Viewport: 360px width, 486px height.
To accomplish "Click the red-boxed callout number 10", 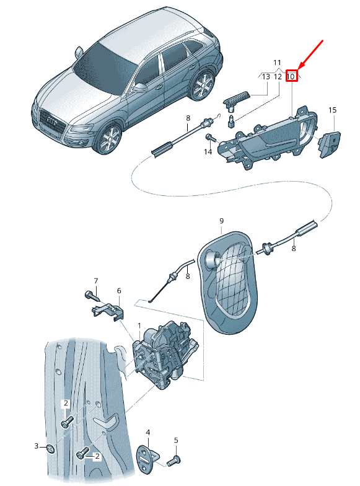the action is click(x=291, y=76).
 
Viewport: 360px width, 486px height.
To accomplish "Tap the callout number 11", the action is click(x=277, y=63).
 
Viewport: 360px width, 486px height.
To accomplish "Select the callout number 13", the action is click(x=266, y=76).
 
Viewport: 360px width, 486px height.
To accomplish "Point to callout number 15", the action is click(x=332, y=110).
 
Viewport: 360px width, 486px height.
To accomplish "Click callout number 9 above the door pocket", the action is click(x=222, y=221).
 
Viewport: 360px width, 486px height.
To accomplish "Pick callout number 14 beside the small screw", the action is click(x=208, y=151).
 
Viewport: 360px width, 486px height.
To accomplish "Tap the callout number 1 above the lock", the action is click(x=139, y=326).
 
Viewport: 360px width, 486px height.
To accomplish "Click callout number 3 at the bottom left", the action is click(x=36, y=446).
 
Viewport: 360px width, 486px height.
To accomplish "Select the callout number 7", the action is click(x=95, y=281).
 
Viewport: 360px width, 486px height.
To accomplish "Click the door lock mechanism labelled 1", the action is click(x=165, y=355).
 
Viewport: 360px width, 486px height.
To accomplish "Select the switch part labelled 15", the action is click(x=330, y=144).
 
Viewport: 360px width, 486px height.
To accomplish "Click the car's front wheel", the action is click(x=108, y=139).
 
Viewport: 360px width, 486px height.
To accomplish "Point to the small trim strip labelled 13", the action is click(x=237, y=98).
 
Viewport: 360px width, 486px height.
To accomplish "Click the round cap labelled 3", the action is click(x=50, y=448).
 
